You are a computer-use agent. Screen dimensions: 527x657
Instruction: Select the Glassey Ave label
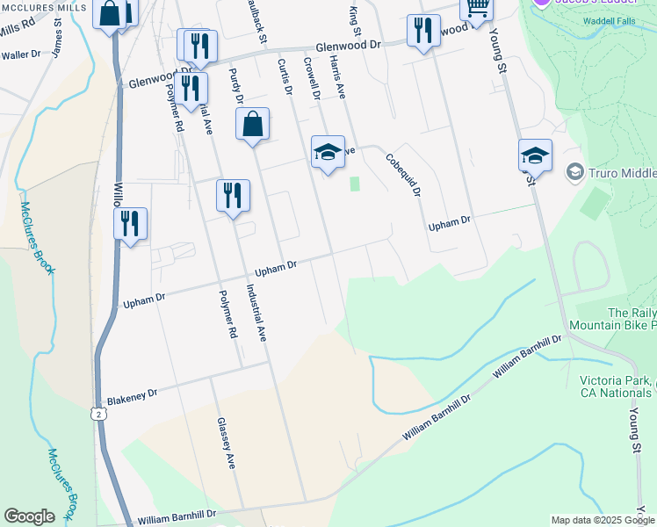tap(226, 444)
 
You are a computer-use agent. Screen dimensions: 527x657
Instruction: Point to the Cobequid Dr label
tap(403, 175)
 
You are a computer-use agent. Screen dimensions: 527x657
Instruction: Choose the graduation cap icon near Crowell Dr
tap(328, 152)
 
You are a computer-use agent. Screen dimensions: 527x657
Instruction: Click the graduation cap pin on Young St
tap(535, 155)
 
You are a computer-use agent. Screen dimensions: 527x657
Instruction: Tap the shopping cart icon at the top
tap(477, 8)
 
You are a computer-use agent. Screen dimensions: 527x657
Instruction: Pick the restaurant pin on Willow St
tap(130, 223)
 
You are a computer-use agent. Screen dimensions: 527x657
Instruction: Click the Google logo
tap(29, 516)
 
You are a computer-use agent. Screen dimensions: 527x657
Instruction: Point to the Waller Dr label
tap(21, 54)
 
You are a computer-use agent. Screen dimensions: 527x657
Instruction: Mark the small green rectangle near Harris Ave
tap(355, 184)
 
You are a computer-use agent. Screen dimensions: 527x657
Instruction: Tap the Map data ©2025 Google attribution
tap(602, 520)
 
